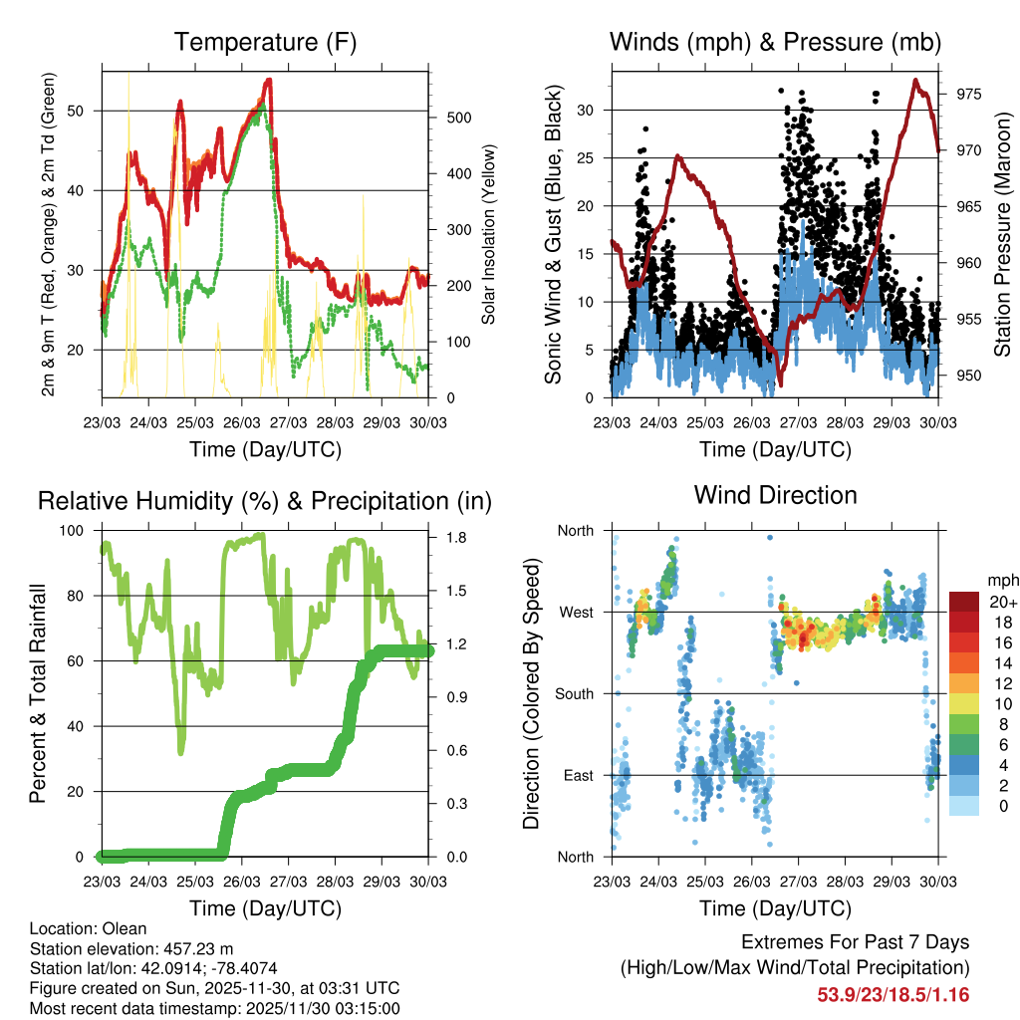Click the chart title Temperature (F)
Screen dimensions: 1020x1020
click(x=265, y=43)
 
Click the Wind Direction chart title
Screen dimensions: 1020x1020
click(x=775, y=495)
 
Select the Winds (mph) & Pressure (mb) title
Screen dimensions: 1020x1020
click(x=775, y=43)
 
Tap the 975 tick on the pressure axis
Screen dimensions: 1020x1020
click(x=969, y=95)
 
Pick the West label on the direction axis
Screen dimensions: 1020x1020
click(x=576, y=612)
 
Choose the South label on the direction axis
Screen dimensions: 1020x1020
click(x=574, y=693)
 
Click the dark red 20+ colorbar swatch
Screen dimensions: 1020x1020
click(x=963, y=602)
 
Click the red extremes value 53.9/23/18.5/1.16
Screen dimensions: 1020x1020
click(x=893, y=994)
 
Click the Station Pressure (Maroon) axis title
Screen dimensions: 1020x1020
click(x=1002, y=234)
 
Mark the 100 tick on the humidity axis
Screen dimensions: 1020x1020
click(x=82, y=531)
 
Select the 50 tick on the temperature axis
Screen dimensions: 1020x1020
click(x=83, y=112)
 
